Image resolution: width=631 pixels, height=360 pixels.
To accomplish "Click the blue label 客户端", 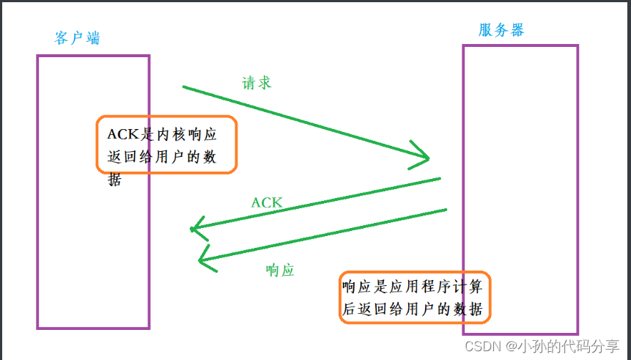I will point(78,38).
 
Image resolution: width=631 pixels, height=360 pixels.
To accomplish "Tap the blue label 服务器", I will point(501,30).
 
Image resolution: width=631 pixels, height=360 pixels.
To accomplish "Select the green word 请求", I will point(257,82).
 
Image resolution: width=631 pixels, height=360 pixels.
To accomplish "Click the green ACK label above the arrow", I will point(267,202).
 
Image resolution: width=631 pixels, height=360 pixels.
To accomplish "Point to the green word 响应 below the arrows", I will point(279,270).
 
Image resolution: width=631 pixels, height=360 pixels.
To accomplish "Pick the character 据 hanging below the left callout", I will point(114,179).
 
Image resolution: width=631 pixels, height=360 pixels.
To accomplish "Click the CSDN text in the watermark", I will point(481,345).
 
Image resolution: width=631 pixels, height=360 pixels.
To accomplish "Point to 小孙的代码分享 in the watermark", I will point(569,345).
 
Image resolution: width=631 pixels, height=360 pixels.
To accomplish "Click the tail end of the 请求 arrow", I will point(184,87).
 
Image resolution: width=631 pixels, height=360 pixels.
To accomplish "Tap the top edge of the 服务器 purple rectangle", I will point(520,45).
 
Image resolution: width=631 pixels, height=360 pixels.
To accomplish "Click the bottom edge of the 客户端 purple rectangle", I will point(93,327).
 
